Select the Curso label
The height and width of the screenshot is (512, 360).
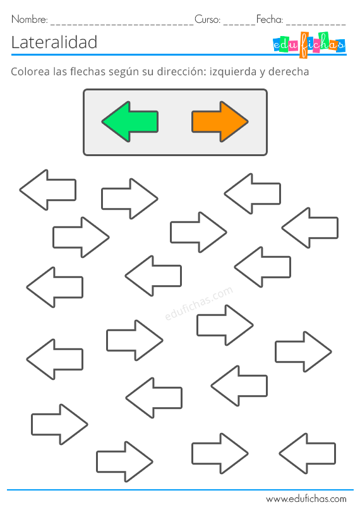(x=207, y=19)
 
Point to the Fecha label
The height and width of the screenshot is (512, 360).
(x=269, y=19)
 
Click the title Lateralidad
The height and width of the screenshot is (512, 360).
(x=54, y=42)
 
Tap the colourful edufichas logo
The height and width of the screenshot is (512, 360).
(x=309, y=45)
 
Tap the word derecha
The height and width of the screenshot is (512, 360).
(x=289, y=71)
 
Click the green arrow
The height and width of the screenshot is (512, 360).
(x=130, y=121)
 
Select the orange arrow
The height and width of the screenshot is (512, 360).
(x=220, y=121)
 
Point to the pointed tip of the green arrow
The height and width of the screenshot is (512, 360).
(x=102, y=121)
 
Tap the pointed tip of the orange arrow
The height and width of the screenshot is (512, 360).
(x=248, y=121)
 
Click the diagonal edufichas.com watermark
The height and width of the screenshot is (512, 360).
(x=199, y=303)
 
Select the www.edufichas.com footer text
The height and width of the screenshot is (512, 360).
(x=306, y=499)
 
